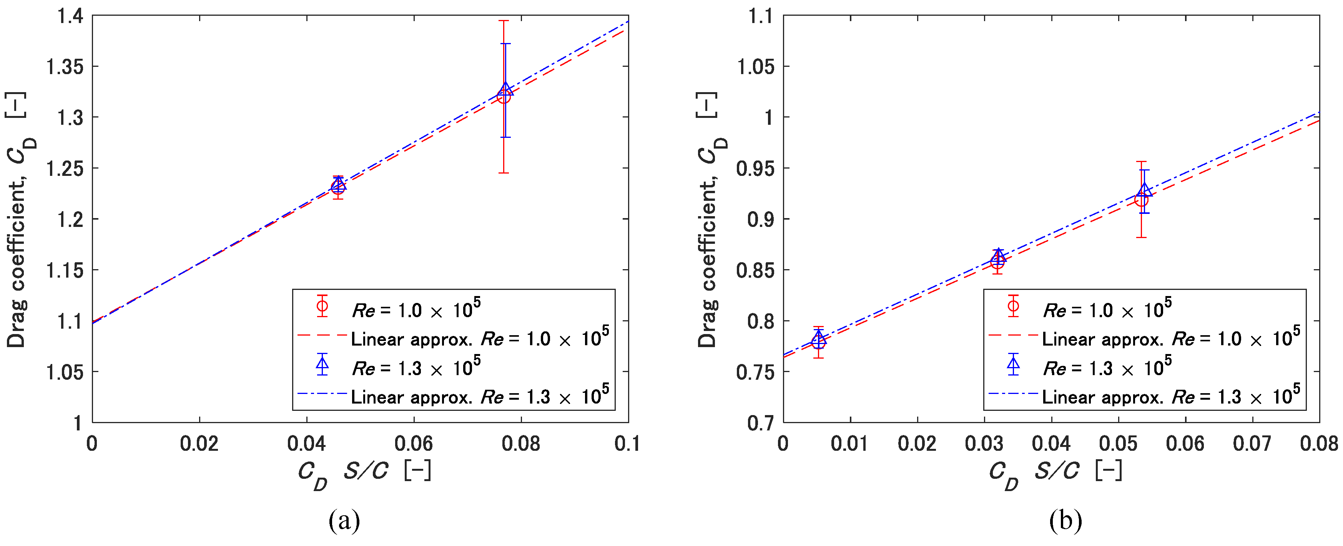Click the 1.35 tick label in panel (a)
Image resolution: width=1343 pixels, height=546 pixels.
(x=65, y=67)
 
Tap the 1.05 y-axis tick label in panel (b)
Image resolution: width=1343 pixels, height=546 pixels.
(x=755, y=67)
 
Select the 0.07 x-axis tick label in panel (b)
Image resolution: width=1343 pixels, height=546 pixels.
(x=1252, y=444)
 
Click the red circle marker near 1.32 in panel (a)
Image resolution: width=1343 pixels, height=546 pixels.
(x=504, y=97)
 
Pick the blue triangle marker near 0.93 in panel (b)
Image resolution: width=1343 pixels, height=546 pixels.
(x=1144, y=190)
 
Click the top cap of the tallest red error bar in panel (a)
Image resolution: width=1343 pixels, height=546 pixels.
(x=504, y=21)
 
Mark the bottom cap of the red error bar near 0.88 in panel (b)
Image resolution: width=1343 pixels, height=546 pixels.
(x=1141, y=238)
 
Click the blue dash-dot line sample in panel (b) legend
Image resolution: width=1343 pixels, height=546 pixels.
(x=1013, y=393)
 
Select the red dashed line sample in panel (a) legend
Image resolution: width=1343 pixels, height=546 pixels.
(x=322, y=335)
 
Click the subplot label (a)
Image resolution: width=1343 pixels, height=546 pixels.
(x=344, y=520)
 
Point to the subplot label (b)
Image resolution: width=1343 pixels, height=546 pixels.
(x=1065, y=520)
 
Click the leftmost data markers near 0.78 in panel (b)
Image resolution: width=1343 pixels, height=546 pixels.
(x=818, y=341)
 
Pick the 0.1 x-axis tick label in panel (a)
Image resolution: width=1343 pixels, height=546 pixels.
(x=627, y=444)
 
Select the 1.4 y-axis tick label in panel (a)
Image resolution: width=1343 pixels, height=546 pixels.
(x=70, y=17)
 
